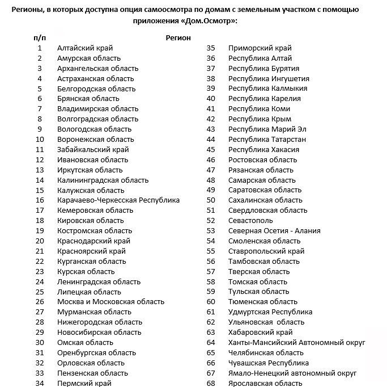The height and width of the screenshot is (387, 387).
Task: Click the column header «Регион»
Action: tap(178, 37)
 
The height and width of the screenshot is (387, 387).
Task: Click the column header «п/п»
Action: tap(40, 37)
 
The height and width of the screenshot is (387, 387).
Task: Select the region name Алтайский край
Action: tap(84, 48)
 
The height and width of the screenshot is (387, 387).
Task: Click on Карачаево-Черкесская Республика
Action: tap(118, 200)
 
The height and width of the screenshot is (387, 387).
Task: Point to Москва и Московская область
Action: tap(110, 301)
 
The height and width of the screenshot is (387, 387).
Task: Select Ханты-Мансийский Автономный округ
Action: tap(296, 342)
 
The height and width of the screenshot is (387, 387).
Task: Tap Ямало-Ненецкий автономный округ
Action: tap(292, 373)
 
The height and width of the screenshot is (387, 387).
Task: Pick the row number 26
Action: tap(40, 301)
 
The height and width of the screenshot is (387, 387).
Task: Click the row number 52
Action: tap(211, 220)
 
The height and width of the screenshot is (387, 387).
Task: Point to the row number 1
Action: tap(40, 48)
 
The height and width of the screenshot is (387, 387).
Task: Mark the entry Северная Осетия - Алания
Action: tap(274, 230)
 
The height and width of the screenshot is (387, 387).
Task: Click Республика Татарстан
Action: tap(267, 139)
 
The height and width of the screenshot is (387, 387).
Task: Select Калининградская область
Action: tap(103, 180)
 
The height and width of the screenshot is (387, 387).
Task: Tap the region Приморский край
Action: tap(260, 48)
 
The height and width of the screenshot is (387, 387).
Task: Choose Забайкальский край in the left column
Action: tap(93, 149)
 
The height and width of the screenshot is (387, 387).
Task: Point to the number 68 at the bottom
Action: tap(211, 383)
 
